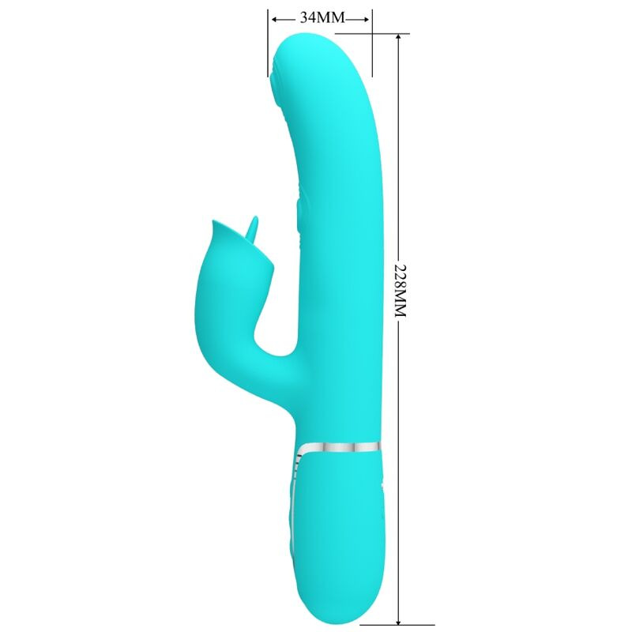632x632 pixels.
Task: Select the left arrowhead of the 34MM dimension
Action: [x=273, y=18]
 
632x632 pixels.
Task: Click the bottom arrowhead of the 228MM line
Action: [x=399, y=618]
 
